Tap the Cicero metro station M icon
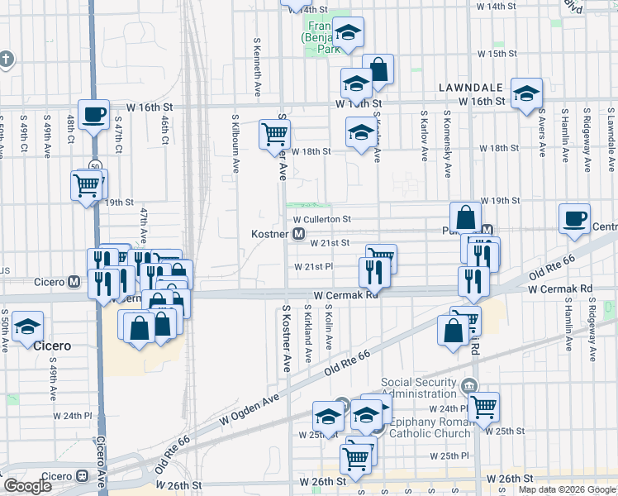pyautogui.click(x=74, y=282)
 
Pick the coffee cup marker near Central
pyautogui.click(x=574, y=218)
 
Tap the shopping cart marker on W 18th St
pyautogui.click(x=274, y=133)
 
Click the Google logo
pyautogui.click(x=26, y=486)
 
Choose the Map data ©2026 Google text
pyautogui.click(x=567, y=489)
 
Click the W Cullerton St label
pyautogui.click(x=322, y=219)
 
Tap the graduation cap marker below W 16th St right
pyautogui.click(x=525, y=93)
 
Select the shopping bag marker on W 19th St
pyautogui.click(x=466, y=217)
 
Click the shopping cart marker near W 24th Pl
pyautogui.click(x=483, y=405)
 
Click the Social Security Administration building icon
pyautogui.click(x=470, y=385)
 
